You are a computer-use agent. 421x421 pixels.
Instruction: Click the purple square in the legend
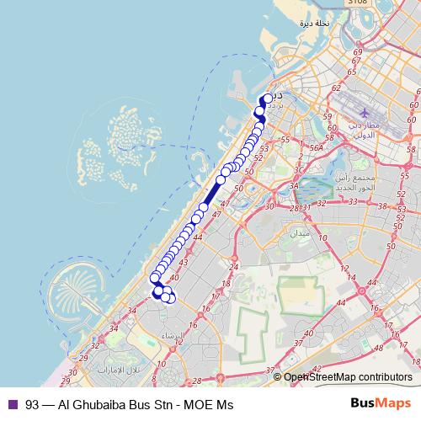[x=12, y=404]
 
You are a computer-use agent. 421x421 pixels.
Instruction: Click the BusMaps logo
[x=379, y=403]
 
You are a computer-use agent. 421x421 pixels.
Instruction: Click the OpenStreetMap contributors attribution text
[x=349, y=377]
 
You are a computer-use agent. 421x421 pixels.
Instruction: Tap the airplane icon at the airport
[x=364, y=111]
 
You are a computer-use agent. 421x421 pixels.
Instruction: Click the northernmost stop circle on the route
[x=269, y=99]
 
